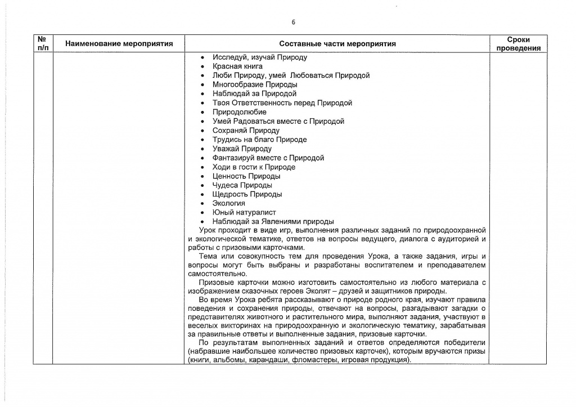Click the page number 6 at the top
pos(293,23)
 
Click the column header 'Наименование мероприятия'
pos(119,43)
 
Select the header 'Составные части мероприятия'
pos(337,43)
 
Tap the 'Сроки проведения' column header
pos(518,44)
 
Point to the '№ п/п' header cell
pos(42,43)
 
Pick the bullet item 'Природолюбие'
pos(240,112)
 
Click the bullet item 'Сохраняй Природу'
pos(246,131)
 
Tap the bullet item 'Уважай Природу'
pos(242,149)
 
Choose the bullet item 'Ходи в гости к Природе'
pos(254,167)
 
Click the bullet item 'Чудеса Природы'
pos(242,185)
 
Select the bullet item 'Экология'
pos(228,203)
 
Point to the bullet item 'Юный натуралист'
pos(244,212)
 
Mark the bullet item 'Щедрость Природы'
pos(247,194)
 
